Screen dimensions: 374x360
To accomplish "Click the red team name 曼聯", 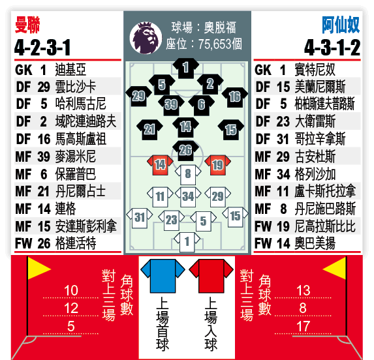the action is (27, 25).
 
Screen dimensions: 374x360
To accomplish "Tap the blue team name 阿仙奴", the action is (341, 25).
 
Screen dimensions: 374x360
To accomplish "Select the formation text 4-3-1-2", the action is (332, 48).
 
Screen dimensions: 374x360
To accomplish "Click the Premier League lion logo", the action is (146, 38).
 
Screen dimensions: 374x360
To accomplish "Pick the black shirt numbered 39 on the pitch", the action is (171, 105).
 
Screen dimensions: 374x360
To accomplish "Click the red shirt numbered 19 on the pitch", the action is (217, 165).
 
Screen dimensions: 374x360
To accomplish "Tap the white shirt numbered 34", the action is (188, 197).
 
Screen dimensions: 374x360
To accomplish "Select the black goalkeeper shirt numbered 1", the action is (186, 68).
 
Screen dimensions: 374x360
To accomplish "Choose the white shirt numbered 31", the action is (140, 218).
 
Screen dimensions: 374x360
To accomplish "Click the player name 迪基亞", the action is (70, 70).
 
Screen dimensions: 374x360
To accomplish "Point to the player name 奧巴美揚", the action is (315, 243).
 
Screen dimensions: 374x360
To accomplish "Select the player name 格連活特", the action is (76, 243).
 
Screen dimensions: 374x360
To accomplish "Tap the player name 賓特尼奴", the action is (315, 70).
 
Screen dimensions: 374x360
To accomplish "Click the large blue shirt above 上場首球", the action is (163, 276).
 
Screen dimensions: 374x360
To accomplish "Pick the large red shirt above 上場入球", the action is (211, 276).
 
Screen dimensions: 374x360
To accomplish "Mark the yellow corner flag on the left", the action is (37, 269).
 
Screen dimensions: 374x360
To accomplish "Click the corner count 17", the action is (303, 326).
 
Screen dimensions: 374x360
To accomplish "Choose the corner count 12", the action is (71, 308).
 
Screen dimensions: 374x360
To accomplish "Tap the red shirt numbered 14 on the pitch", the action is (160, 165).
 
